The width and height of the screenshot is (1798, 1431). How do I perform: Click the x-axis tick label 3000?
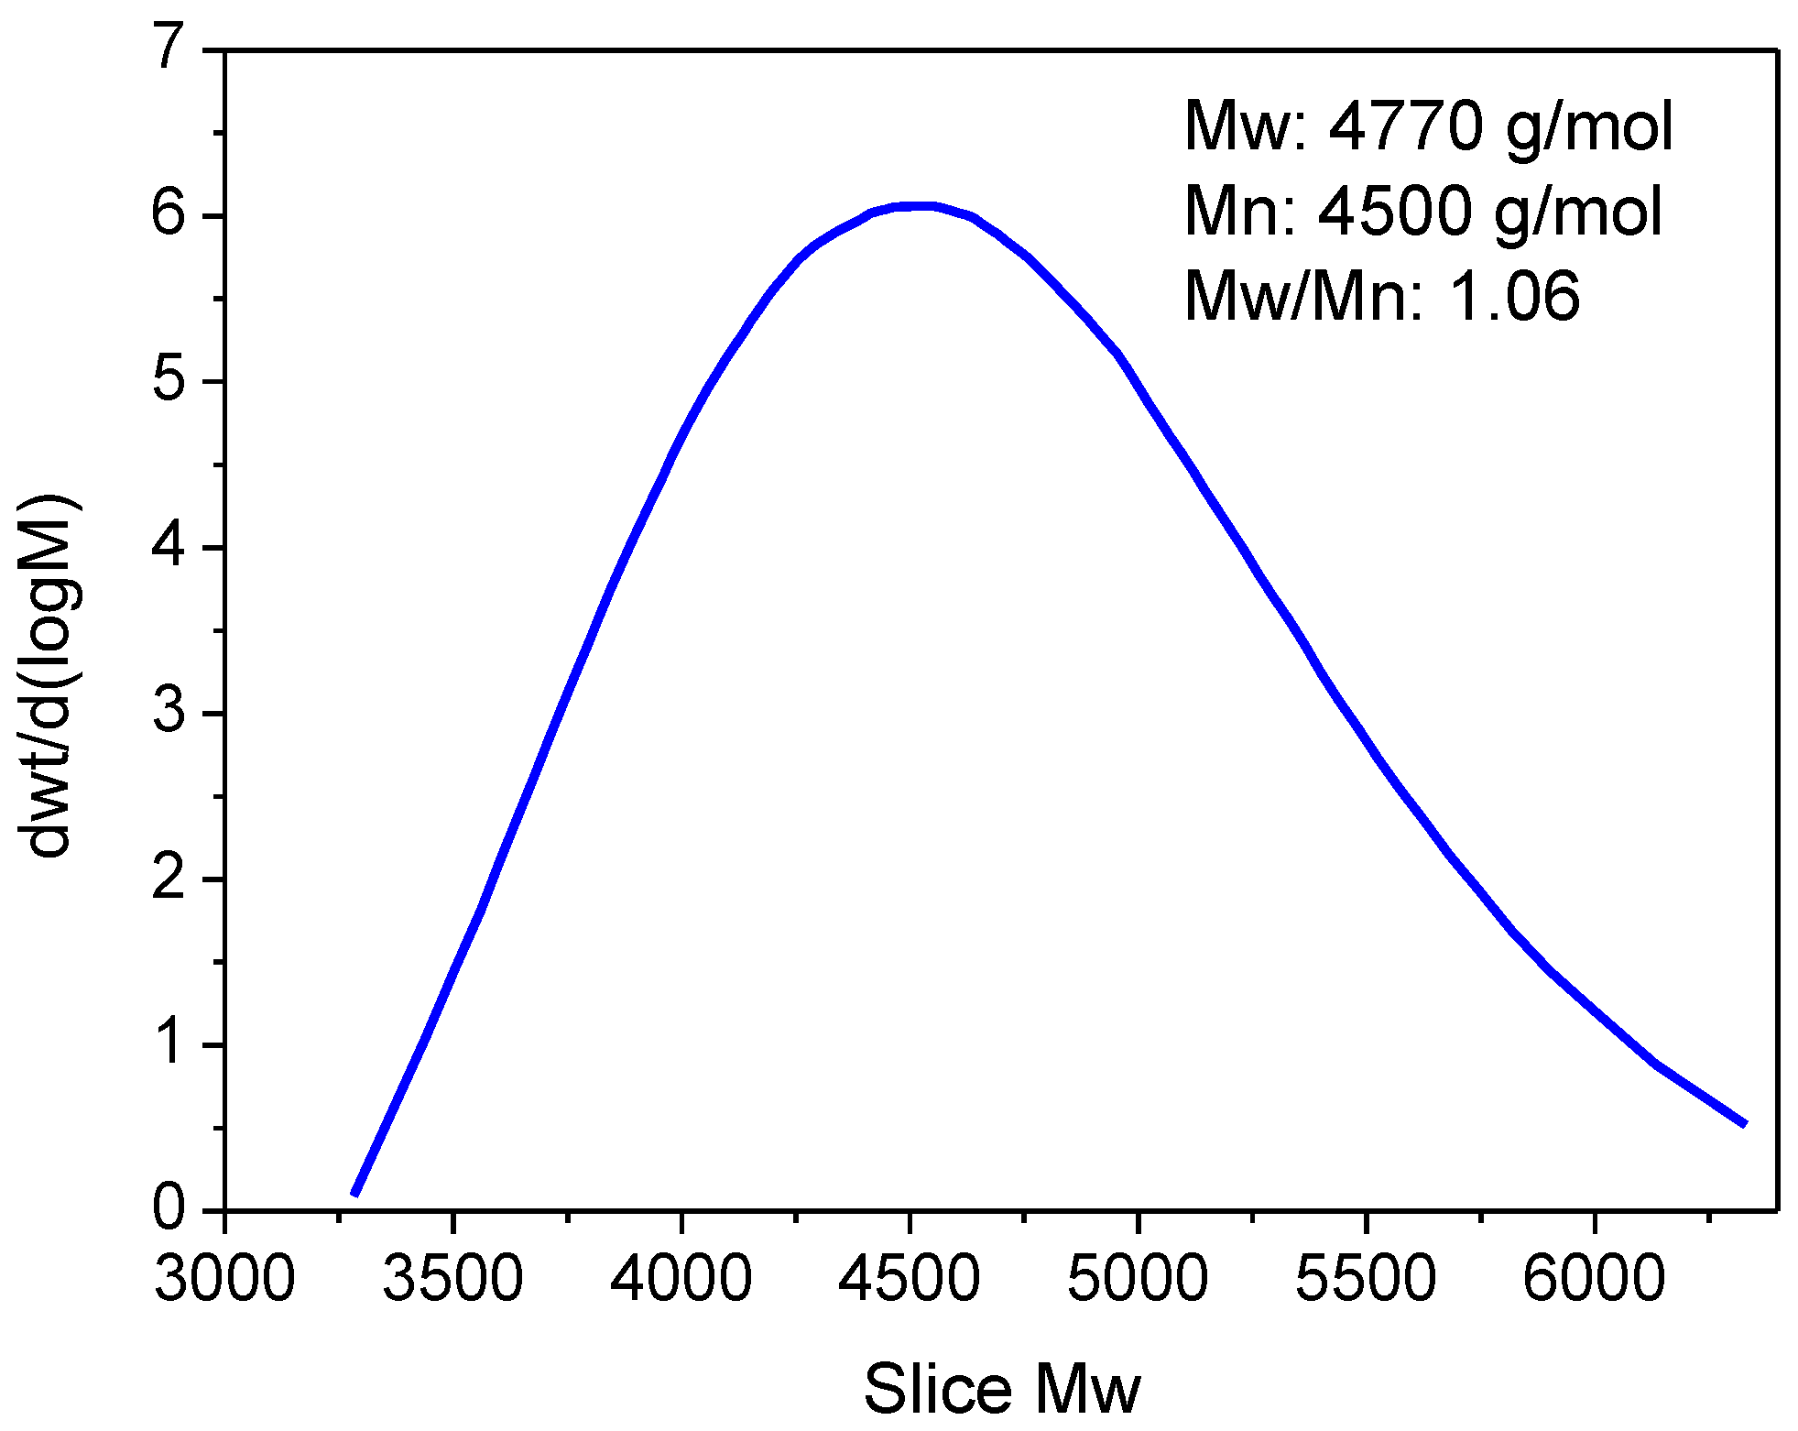pyautogui.click(x=224, y=1279)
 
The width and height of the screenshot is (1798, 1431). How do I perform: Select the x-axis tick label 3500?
pyautogui.click(x=452, y=1279)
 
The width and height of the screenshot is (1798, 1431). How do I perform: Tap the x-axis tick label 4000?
pyautogui.click(x=681, y=1279)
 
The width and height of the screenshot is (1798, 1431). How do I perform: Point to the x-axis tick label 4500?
pyautogui.click(x=909, y=1279)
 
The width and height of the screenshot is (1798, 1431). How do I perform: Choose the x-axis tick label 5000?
pyautogui.click(x=1138, y=1279)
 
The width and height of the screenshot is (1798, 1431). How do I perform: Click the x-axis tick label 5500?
pyautogui.click(x=1366, y=1279)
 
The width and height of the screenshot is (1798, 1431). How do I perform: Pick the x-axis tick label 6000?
pyautogui.click(x=1594, y=1279)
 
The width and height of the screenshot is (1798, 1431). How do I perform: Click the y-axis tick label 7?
pyautogui.click(x=170, y=48)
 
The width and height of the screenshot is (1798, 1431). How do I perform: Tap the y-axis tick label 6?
pyautogui.click(x=170, y=215)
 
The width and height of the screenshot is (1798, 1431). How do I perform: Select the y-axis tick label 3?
pyautogui.click(x=170, y=713)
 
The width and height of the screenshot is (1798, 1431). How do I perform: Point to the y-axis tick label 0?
pyautogui.click(x=170, y=1209)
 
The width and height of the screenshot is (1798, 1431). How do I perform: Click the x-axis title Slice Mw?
pyautogui.click(x=1001, y=1389)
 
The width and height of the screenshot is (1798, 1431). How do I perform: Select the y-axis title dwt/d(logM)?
pyautogui.click(x=49, y=676)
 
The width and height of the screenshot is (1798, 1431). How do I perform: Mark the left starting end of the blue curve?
pyautogui.click(x=354, y=1194)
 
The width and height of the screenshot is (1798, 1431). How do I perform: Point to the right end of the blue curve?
pyautogui.click(x=1745, y=1124)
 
